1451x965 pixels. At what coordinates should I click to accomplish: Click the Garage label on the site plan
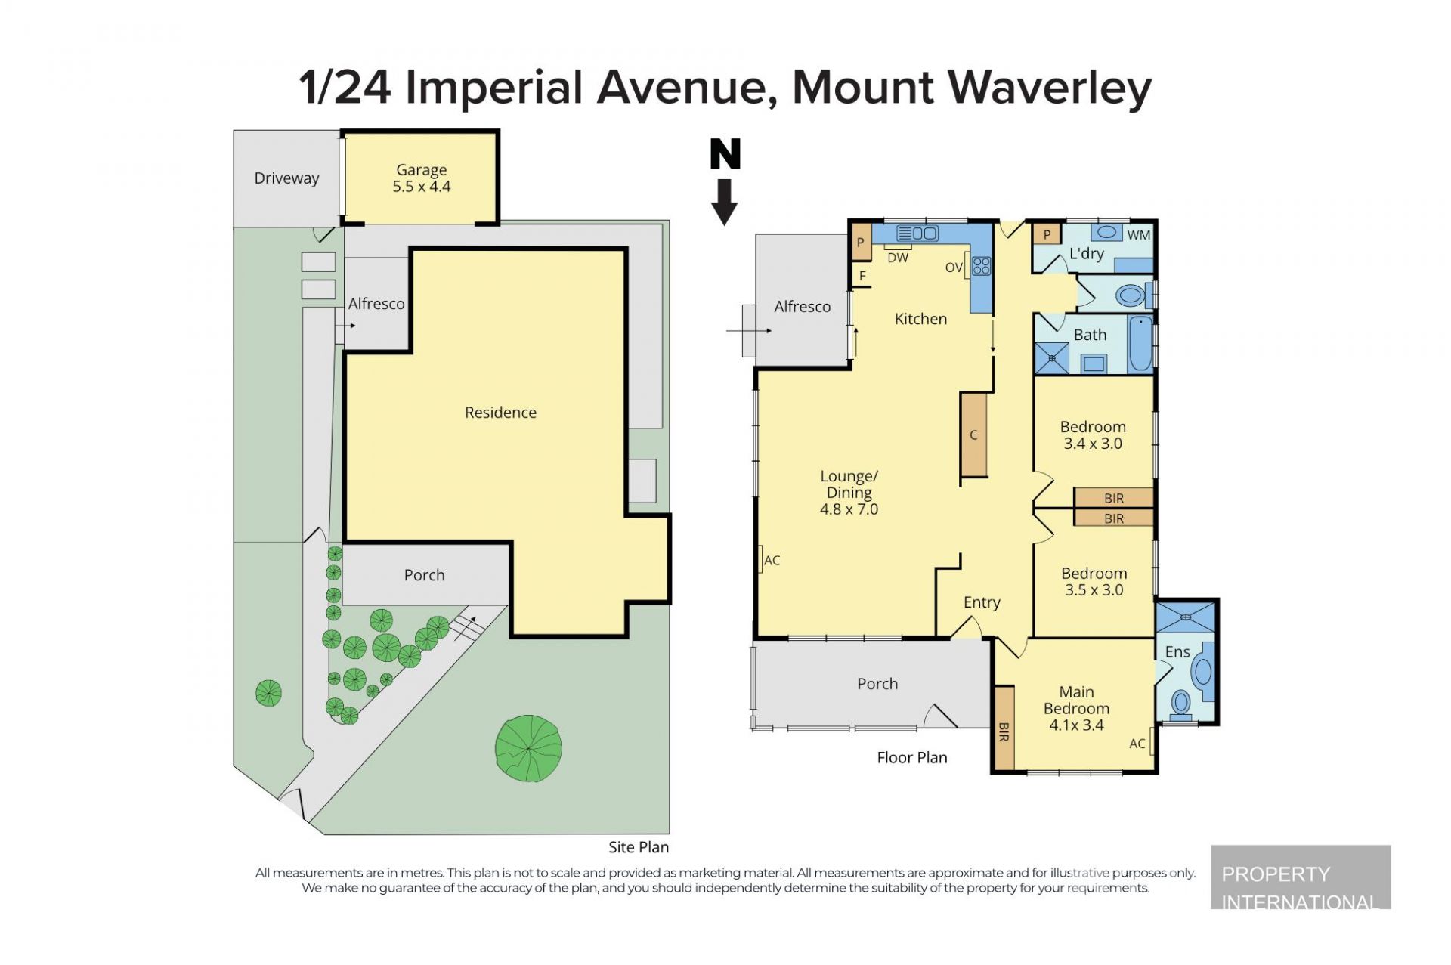tap(422, 170)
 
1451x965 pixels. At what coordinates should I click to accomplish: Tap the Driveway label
tap(286, 178)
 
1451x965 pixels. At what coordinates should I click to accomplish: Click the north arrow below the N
tap(724, 203)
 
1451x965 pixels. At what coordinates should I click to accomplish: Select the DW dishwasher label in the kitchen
tap(898, 258)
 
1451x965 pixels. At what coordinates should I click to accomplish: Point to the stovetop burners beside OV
tap(982, 265)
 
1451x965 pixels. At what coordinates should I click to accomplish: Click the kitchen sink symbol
tap(917, 234)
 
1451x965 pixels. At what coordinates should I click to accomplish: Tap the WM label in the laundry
tap(1138, 235)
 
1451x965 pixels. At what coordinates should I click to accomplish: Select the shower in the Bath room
tap(1052, 359)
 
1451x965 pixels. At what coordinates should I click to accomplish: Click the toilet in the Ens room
tap(1180, 704)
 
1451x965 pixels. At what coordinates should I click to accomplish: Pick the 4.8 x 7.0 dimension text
tap(849, 509)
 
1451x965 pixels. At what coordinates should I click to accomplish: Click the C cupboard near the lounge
tap(973, 435)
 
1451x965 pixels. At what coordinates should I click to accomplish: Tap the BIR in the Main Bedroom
tap(1004, 727)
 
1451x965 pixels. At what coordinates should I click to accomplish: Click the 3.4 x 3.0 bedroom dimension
tap(1093, 444)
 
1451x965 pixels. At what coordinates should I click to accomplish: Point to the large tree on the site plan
tap(529, 748)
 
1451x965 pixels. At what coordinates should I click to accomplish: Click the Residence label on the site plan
tap(500, 413)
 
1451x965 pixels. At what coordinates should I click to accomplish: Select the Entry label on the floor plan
tap(982, 602)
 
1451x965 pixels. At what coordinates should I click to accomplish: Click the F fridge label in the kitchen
tap(862, 276)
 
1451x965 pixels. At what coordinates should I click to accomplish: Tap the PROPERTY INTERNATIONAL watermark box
tap(1301, 877)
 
